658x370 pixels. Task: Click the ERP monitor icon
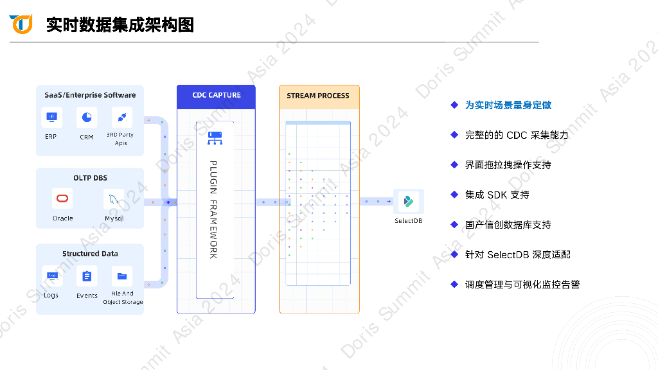(51, 117)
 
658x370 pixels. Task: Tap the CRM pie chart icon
(87, 117)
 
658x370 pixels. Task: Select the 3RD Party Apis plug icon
(121, 117)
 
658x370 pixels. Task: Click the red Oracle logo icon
(62, 198)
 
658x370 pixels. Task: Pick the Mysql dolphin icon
(114, 198)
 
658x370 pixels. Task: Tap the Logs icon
(52, 276)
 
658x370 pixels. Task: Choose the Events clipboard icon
(87, 276)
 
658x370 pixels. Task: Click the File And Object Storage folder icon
(121, 276)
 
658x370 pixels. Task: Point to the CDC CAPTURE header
(217, 96)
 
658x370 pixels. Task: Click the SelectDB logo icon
(408, 202)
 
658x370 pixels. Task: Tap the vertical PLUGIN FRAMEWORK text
(213, 209)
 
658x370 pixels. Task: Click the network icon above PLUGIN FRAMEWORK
(215, 138)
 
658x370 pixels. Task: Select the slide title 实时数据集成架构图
(120, 25)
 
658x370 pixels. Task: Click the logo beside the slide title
(21, 24)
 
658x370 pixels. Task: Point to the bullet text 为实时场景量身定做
(508, 105)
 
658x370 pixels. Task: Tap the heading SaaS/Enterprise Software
(90, 95)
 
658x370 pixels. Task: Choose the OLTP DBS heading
(90, 178)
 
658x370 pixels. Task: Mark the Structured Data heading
(90, 254)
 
